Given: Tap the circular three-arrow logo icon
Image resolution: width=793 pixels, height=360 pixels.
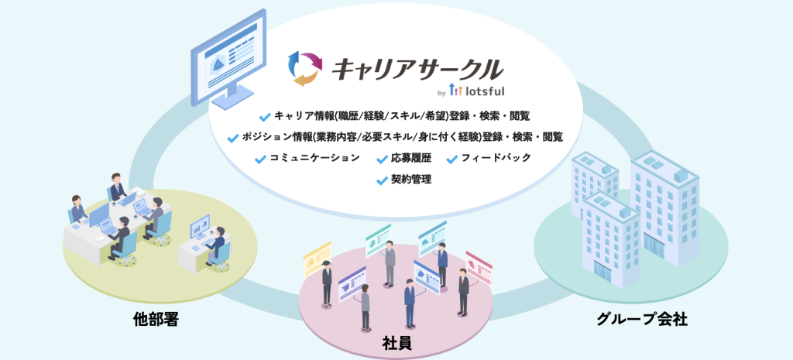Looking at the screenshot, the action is (x=304, y=68).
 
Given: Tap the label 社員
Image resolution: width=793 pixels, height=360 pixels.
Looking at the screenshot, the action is (x=396, y=344).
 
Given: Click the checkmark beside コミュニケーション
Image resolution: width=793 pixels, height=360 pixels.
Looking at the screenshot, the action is (x=260, y=159).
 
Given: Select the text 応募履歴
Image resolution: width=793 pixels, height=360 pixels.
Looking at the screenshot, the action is (x=410, y=158).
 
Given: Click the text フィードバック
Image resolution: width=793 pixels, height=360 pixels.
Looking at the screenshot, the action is (x=496, y=158).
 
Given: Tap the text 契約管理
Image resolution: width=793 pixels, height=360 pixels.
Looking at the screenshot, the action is (x=410, y=180).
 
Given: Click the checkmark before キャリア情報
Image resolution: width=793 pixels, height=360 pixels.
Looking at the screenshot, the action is (x=265, y=118).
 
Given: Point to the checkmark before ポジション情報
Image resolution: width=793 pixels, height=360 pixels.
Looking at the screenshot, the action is (x=233, y=138).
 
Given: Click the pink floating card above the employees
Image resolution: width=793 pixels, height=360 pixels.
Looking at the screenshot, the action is (x=479, y=267).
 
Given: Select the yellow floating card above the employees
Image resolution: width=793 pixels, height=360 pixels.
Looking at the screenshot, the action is (x=317, y=259).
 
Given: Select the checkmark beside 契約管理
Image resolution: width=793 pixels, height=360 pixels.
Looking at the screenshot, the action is (x=383, y=180).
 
